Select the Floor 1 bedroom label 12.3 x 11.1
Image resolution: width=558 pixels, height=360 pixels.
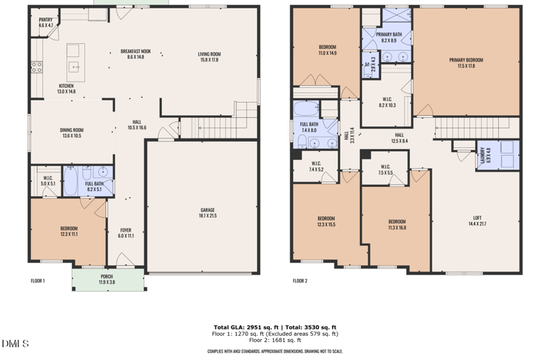(x=68, y=231)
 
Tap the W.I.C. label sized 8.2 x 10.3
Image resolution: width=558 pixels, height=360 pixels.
(x=387, y=102)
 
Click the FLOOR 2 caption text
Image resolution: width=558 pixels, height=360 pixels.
(x=300, y=281)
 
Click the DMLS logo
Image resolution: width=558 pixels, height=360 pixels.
(x=15, y=343)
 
